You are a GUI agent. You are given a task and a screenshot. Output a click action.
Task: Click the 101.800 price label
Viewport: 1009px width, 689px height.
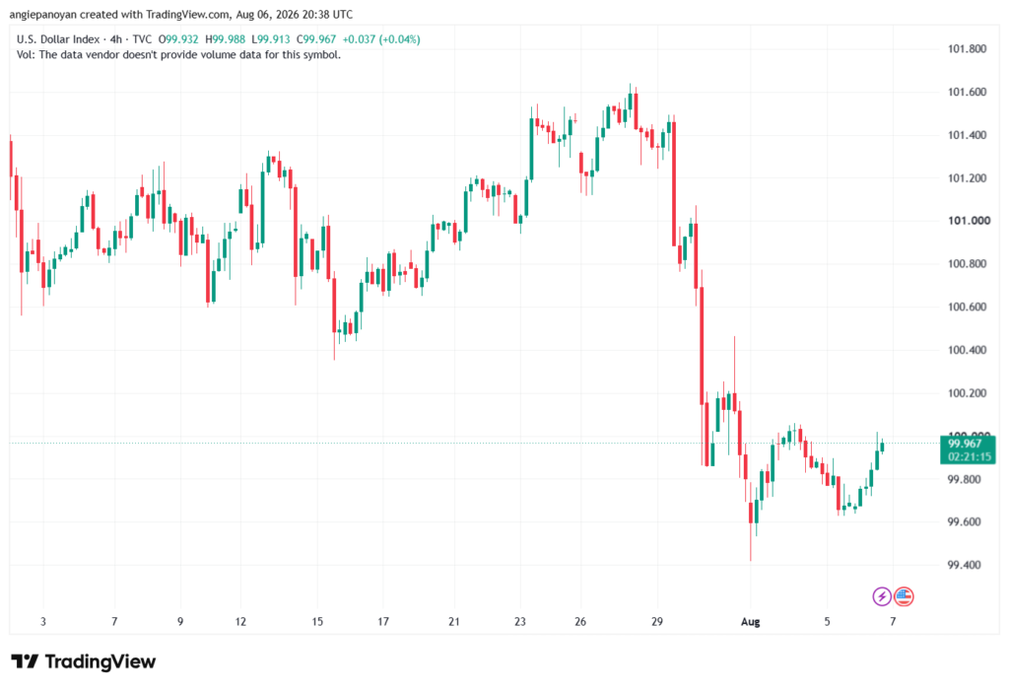967,49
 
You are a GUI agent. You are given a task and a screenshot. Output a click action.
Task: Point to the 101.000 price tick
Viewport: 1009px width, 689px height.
969,221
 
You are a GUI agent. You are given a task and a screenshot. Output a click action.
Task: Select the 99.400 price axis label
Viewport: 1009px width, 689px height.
964,566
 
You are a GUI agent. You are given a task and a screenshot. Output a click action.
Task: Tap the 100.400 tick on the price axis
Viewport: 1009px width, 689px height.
967,350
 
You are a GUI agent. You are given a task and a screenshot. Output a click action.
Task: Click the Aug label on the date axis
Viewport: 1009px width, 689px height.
750,622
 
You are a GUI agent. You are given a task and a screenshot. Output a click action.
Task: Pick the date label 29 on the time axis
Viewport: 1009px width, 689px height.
657,622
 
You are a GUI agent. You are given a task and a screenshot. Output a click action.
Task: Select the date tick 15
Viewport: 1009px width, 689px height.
317,622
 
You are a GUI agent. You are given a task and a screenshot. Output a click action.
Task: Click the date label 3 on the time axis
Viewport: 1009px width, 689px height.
43,622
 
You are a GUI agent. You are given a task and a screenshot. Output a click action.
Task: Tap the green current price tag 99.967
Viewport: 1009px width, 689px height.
968,449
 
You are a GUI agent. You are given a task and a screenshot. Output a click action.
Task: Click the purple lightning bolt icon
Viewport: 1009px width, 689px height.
882,596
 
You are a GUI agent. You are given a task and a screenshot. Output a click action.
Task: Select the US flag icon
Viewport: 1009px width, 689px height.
904,596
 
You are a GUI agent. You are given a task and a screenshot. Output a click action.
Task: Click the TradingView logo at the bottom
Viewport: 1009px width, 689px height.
84,661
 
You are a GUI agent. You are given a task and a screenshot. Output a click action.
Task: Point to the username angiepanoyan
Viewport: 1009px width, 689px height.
43,14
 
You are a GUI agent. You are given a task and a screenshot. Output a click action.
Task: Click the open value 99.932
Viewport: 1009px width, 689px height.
182,39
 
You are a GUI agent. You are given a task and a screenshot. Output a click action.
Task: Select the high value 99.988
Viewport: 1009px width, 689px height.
229,39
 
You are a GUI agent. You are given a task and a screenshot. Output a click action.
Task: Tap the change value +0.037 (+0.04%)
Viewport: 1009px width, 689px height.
381,39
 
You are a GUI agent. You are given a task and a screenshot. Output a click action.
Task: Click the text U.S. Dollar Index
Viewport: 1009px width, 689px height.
58,39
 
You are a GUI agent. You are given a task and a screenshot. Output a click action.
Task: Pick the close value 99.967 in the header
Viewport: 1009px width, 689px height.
320,39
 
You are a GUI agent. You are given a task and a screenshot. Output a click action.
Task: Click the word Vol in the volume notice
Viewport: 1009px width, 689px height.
24,55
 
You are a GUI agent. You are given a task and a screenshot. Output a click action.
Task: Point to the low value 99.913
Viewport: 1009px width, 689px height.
274,39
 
